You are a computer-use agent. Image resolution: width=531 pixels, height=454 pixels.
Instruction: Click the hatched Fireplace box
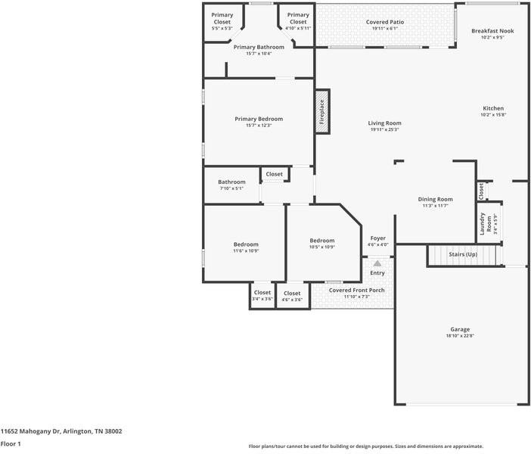[322, 112]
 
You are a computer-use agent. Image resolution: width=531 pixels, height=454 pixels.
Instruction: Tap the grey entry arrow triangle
[377, 263]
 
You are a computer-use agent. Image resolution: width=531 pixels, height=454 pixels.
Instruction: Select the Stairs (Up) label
[463, 254]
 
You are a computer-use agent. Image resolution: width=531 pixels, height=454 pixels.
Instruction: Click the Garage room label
[460, 329]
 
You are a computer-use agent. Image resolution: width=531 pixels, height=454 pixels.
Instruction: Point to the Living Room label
[385, 123]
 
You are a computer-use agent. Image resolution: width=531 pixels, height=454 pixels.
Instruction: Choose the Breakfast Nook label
[492, 31]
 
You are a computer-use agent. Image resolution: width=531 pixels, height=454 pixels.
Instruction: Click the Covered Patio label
[385, 22]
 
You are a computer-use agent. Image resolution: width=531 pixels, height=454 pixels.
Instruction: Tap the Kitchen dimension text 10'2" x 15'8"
[493, 115]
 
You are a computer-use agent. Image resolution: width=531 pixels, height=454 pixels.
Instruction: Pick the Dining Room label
[436, 199]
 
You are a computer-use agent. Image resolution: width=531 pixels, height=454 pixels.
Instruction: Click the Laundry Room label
[486, 224]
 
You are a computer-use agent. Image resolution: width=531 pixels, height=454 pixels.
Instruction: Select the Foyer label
[378, 238]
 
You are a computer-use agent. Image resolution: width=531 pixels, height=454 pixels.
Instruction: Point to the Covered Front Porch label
[356, 291]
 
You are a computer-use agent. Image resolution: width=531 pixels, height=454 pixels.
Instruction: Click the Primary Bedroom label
[259, 119]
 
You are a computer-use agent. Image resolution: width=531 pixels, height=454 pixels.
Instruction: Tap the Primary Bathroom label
[259, 47]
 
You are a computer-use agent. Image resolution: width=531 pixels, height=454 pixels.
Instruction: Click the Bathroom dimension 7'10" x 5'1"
[232, 188]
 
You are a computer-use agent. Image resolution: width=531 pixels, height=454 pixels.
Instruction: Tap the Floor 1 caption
[11, 444]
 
